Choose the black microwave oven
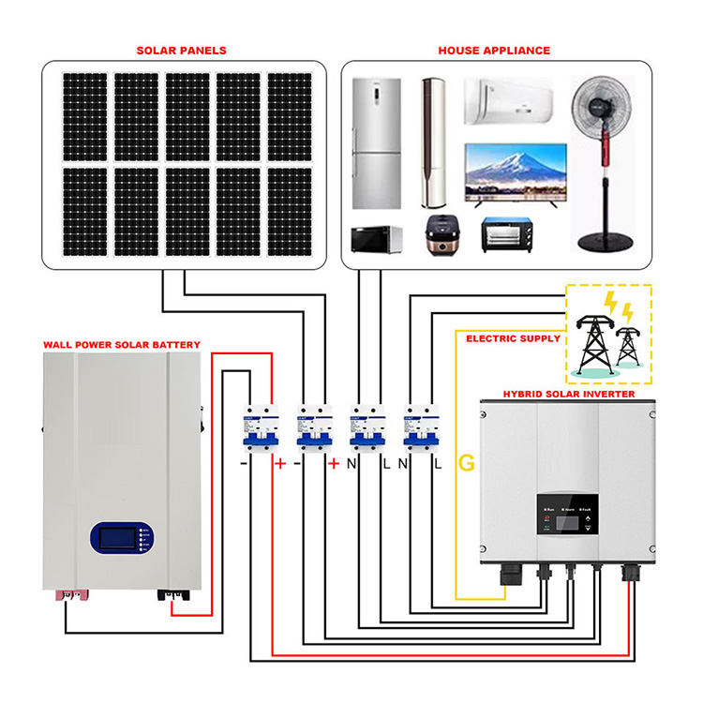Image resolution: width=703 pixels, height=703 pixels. click(x=376, y=239)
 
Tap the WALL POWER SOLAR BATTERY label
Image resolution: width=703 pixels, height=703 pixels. click(x=121, y=345)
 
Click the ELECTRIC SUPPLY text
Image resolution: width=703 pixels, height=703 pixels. click(x=513, y=338)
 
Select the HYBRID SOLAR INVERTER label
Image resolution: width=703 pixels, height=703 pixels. click(x=568, y=395)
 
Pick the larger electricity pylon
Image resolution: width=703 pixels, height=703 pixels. click(x=591, y=342)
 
